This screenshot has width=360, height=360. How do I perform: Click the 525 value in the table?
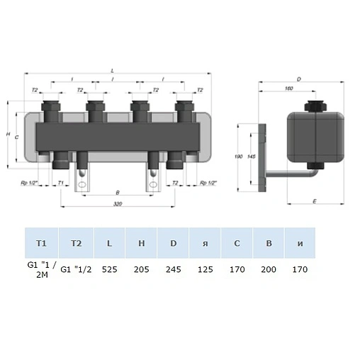click(x=108, y=269)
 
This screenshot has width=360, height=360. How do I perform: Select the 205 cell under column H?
click(x=141, y=269)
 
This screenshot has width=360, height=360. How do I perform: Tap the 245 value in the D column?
click(x=173, y=269)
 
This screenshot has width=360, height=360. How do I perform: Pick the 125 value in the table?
click(x=205, y=269)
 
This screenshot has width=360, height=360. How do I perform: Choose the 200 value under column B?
click(x=269, y=269)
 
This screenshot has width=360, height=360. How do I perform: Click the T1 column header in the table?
click(x=41, y=243)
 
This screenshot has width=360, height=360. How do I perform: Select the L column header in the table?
click(x=108, y=243)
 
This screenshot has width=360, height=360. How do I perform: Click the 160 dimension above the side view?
click(x=289, y=89)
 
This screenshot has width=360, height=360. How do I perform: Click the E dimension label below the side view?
click(x=313, y=202)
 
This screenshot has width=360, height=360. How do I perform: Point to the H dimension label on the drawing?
click(x=7, y=135)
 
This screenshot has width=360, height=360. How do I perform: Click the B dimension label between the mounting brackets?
click(x=117, y=192)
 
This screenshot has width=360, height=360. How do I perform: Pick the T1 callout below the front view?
click(x=61, y=183)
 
